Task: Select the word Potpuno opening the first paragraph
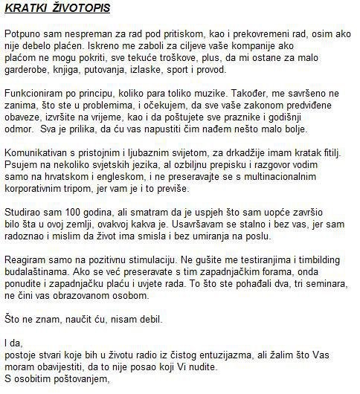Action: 22,34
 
